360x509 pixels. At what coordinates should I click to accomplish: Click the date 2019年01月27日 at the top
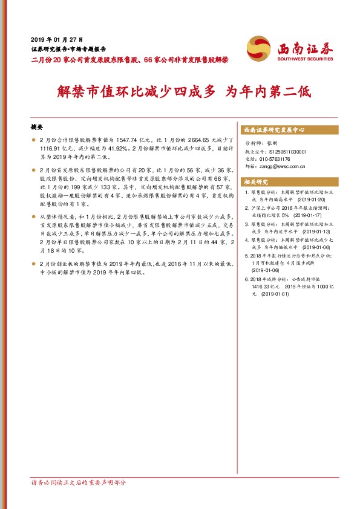point(56,38)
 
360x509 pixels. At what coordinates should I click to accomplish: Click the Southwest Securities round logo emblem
point(258,48)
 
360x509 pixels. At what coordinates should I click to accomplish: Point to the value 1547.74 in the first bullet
point(122,140)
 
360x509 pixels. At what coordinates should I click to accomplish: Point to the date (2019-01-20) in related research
point(312,199)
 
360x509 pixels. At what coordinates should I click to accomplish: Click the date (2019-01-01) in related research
point(276,293)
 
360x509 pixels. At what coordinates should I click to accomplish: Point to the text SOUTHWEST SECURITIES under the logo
point(304,59)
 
